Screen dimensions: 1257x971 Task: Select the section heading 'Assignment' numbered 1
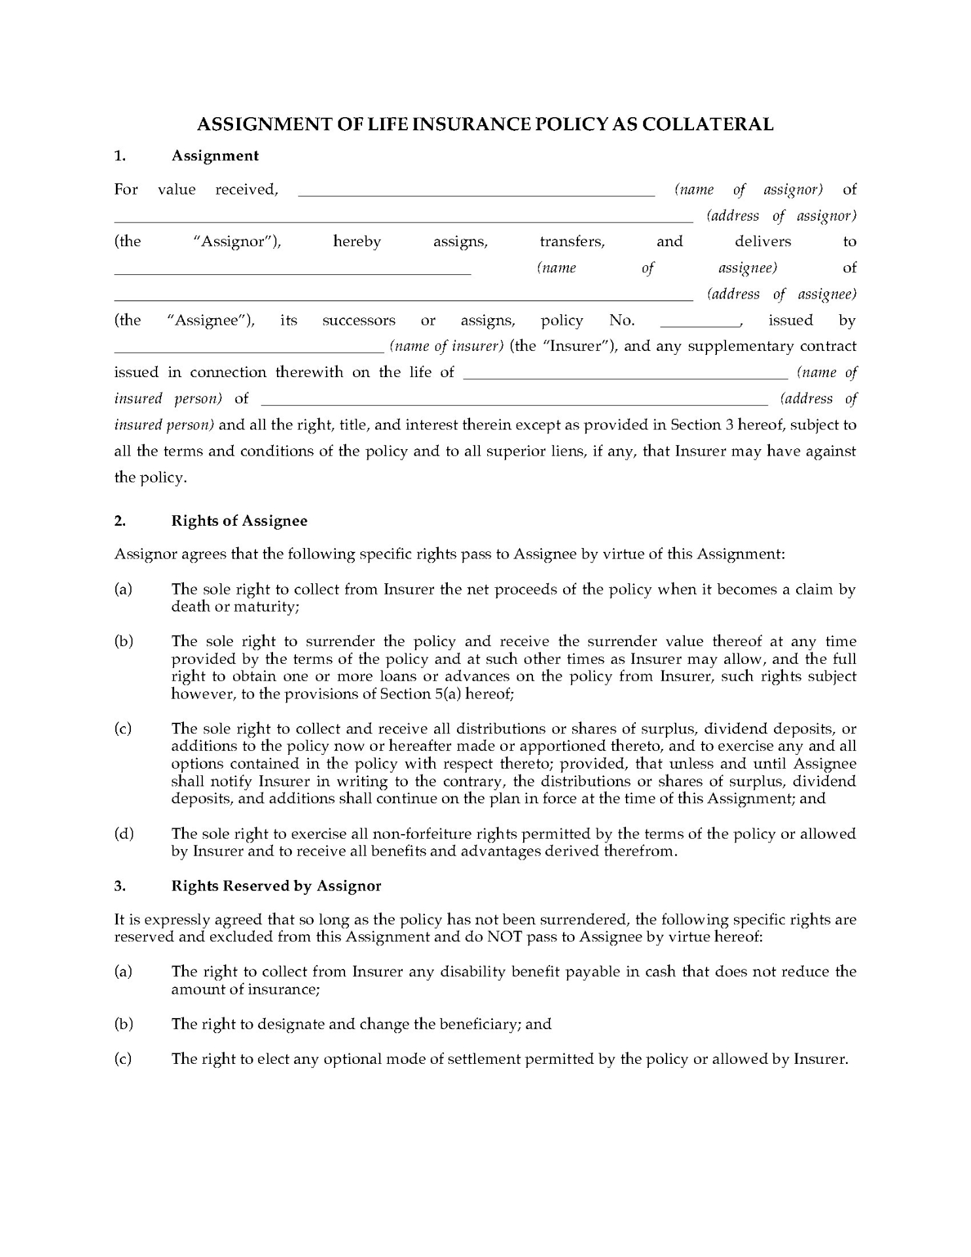(x=215, y=156)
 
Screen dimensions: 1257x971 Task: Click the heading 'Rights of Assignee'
(x=239, y=521)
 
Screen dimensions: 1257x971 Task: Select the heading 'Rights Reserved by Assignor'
(x=276, y=886)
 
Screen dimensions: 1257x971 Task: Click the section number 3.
(x=119, y=886)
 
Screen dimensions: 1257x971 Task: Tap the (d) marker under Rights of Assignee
(x=124, y=833)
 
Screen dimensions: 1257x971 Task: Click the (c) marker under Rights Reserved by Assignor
(x=123, y=1059)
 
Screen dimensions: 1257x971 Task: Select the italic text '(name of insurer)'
(x=446, y=346)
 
